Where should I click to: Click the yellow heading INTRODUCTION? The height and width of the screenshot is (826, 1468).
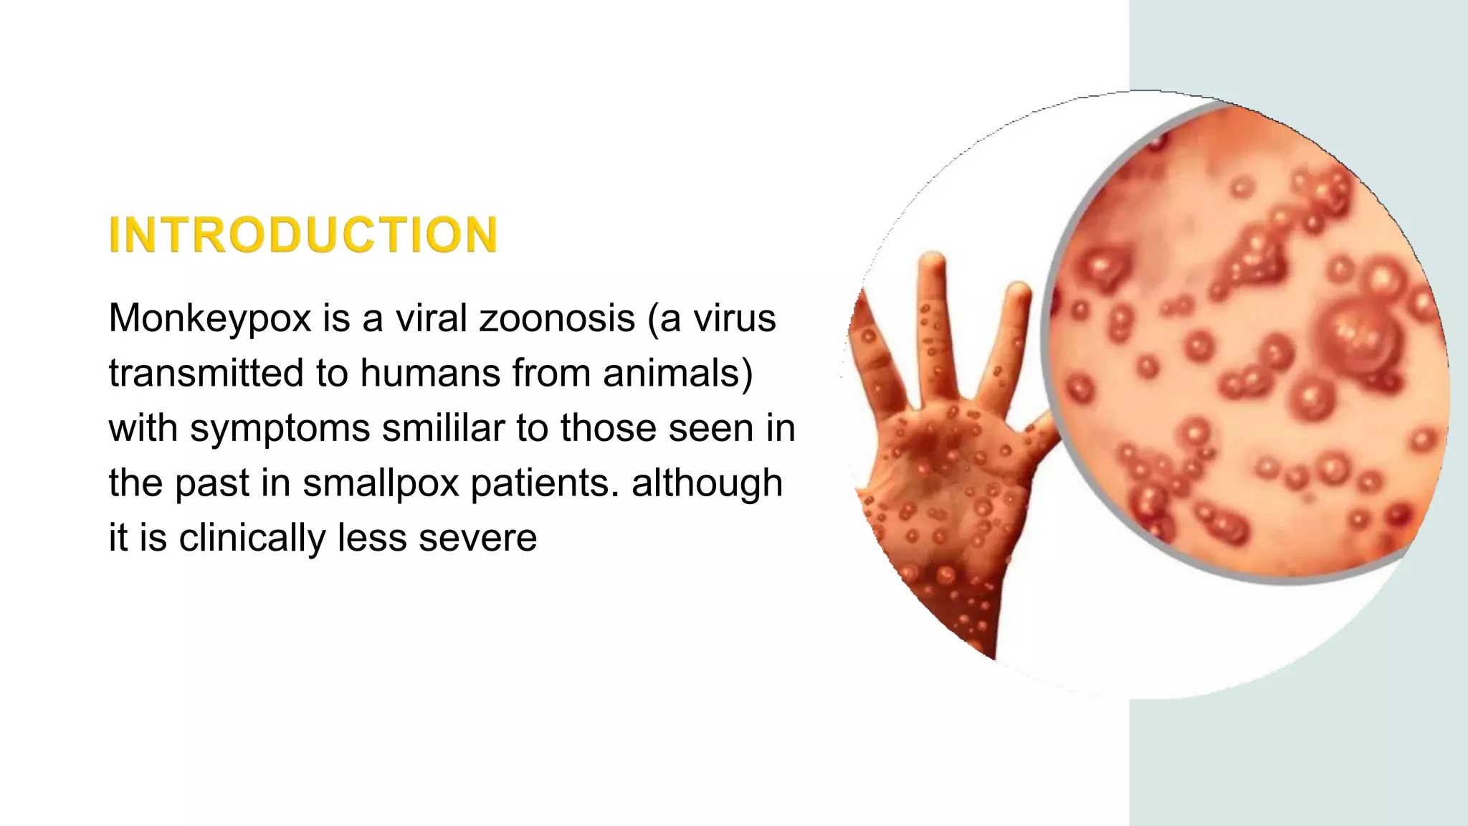302,235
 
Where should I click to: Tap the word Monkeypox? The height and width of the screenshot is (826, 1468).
210,318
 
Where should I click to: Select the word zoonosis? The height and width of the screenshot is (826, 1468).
557,318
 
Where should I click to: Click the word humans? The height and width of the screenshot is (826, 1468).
429,373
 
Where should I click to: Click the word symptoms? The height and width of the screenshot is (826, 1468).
280,428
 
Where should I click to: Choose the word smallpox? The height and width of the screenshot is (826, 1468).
381,483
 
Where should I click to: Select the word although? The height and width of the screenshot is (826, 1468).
707,483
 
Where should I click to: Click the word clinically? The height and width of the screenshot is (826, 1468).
252,538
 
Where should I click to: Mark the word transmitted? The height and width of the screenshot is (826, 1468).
206,373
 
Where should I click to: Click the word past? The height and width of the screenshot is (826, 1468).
211,483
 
